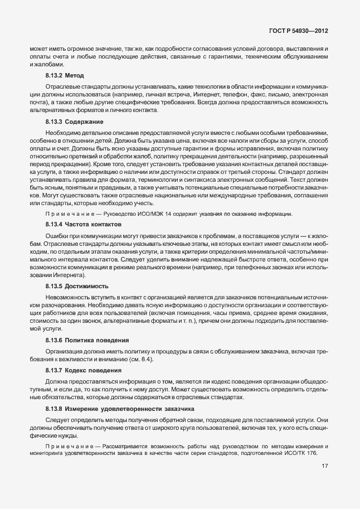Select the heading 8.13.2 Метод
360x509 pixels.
coord(64,75)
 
